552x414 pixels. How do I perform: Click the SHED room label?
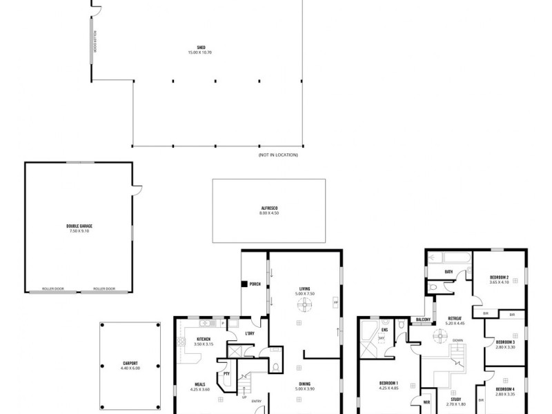[201, 47]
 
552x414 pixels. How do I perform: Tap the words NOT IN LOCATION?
[278, 155]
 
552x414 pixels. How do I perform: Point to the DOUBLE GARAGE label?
[79, 226]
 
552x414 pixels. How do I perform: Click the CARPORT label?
[130, 363]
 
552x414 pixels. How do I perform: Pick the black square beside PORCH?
[244, 283]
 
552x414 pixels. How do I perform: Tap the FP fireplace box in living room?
[336, 303]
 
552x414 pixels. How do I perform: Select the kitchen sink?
[205, 323]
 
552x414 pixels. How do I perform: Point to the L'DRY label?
[250, 334]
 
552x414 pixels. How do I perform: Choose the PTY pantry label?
[226, 373]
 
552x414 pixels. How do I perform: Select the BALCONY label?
[422, 319]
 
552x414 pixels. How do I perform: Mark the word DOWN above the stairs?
[457, 340]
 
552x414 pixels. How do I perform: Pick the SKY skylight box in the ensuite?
[381, 338]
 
